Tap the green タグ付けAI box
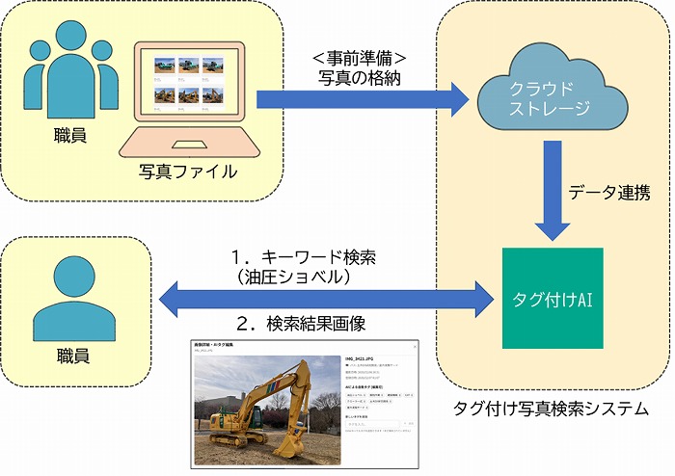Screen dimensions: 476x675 553,299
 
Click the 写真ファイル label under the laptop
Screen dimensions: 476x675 187,172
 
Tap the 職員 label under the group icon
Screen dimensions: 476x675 69,135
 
